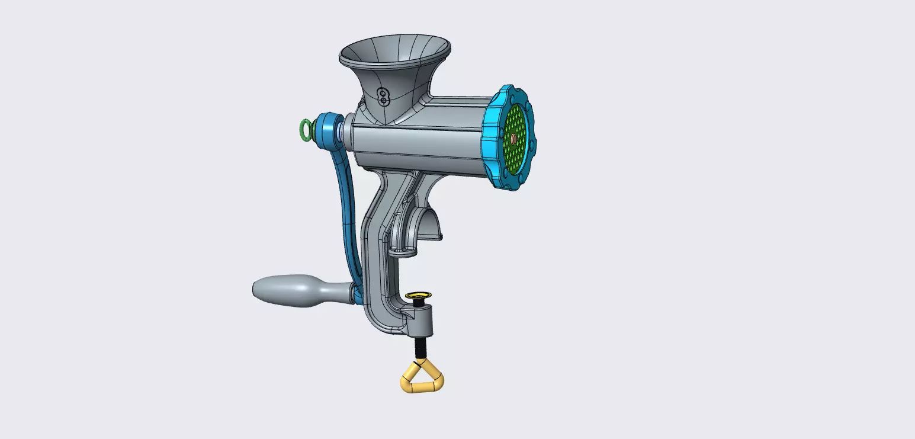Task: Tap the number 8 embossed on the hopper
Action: click(383, 96)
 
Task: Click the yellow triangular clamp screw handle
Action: click(422, 379)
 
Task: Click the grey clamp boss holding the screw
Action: click(421, 320)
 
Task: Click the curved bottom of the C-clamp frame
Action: click(382, 323)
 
